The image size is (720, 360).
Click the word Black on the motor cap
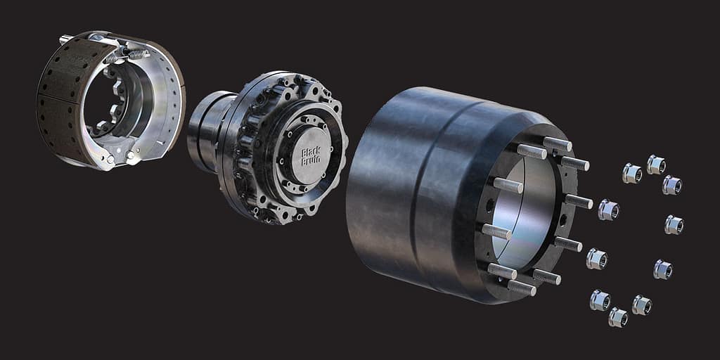[311, 152]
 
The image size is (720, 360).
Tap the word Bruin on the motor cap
[311, 160]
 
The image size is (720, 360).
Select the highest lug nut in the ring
[656, 165]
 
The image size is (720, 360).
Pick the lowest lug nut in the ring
[618, 317]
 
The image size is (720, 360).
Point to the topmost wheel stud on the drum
[558, 143]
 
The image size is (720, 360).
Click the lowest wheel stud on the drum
[522, 288]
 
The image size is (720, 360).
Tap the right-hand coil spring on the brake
[138, 55]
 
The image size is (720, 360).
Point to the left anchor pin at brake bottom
[110, 160]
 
